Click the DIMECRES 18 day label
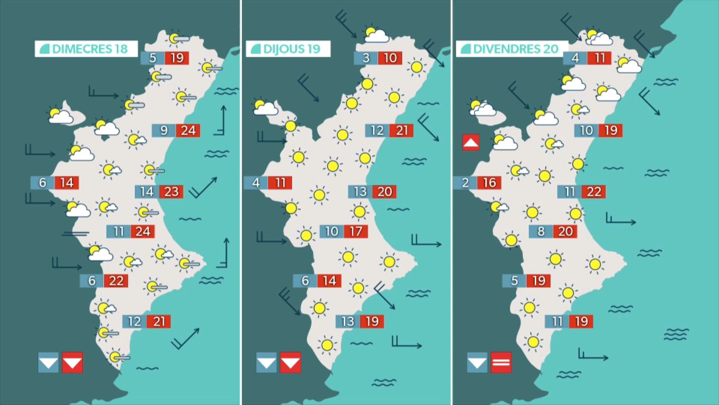pos(86,49)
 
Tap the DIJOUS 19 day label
pos(288,49)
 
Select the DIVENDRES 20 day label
pos(512,49)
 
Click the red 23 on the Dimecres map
pos(171,192)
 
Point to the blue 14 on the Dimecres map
pos(147,192)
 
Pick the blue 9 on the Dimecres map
pos(164,130)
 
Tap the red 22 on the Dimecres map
pos(116,281)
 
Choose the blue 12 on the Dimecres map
pos(134,321)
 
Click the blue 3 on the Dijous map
pos(366,58)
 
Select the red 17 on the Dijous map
pos(356,231)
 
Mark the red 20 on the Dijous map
pos(385,192)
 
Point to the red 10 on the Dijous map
pos(390,58)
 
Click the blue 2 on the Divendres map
pos(466,183)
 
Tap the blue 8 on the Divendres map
pos(541,231)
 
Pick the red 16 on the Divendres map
pos(489,183)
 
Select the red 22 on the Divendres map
pos(594,192)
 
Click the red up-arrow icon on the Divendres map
pos(470,142)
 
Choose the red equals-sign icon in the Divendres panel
pos(501,362)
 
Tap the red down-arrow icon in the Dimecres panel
pos(72,362)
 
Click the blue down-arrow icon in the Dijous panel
pos(266,362)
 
